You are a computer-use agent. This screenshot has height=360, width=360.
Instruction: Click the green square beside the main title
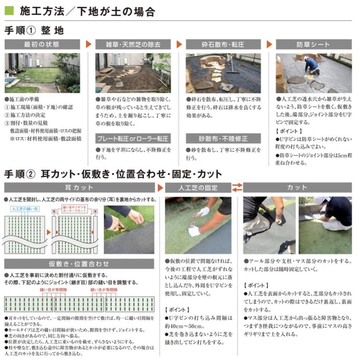(10, 11)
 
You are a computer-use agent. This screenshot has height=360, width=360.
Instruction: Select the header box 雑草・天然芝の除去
(133, 44)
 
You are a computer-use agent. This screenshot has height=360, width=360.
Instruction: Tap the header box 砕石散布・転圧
(223, 44)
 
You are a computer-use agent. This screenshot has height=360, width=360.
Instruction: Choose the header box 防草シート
(314, 44)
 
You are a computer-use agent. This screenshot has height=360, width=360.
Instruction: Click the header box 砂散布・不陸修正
(223, 139)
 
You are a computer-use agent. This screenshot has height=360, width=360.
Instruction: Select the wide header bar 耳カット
(79, 188)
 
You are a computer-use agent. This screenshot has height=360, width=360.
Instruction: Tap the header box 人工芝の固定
(198, 188)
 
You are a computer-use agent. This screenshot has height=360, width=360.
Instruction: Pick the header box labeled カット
(297, 188)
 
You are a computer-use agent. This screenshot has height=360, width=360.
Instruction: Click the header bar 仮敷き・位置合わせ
(79, 264)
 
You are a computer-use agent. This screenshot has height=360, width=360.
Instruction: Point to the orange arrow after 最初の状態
(88, 44)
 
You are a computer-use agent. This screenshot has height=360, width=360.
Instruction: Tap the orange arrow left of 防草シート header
(269, 44)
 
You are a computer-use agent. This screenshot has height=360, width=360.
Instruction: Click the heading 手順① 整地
(34, 30)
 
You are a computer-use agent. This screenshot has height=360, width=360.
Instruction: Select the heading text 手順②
(20, 174)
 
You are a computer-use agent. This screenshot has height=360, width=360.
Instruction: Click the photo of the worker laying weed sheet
(314, 73)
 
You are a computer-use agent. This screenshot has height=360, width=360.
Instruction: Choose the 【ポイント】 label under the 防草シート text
(289, 131)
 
